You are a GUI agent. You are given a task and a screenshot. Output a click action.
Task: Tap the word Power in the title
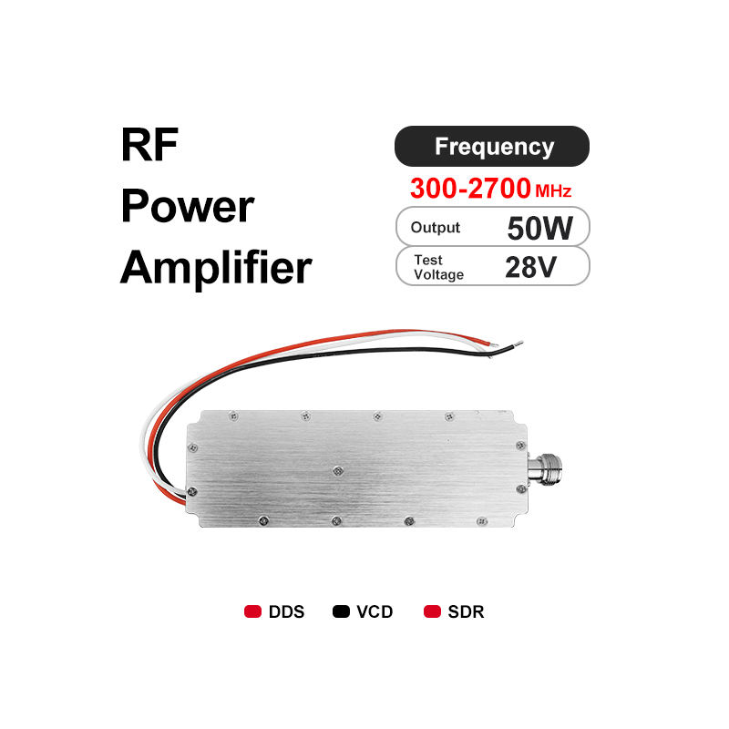(187, 207)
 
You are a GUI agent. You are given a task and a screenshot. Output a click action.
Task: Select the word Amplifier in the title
(216, 268)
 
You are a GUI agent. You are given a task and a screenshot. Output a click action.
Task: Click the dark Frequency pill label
(492, 146)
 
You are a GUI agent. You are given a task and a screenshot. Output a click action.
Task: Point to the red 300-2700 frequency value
(470, 189)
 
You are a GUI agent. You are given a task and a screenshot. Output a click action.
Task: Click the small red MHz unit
(554, 191)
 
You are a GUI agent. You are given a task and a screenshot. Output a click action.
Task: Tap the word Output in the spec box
(435, 228)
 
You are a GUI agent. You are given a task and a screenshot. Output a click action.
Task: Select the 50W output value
(539, 228)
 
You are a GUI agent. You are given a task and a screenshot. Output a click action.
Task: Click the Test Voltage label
(437, 267)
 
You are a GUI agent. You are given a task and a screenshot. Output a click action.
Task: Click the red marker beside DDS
(252, 611)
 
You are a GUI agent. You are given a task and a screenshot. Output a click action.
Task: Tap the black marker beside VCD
(342, 611)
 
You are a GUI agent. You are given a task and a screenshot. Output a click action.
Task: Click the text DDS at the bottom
(286, 611)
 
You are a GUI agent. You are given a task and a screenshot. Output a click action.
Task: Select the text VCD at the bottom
(375, 611)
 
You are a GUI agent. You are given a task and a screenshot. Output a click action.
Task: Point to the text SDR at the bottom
(466, 611)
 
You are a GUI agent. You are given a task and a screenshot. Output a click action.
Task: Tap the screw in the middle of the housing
(338, 470)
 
